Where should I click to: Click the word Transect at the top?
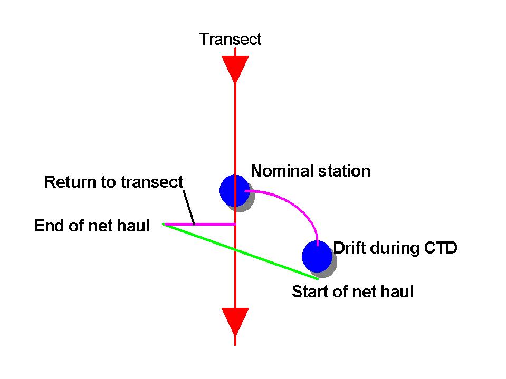click(230, 40)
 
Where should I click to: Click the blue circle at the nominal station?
click(235, 191)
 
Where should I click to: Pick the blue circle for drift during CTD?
click(317, 257)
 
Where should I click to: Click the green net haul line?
click(241, 251)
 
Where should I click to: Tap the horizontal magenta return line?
click(200, 225)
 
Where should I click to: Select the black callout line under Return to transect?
click(189, 207)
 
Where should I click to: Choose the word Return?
click(70, 182)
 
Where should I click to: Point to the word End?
click(50, 226)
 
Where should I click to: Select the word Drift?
click(349, 248)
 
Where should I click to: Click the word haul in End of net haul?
click(133, 226)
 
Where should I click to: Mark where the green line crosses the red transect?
click(235, 250)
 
